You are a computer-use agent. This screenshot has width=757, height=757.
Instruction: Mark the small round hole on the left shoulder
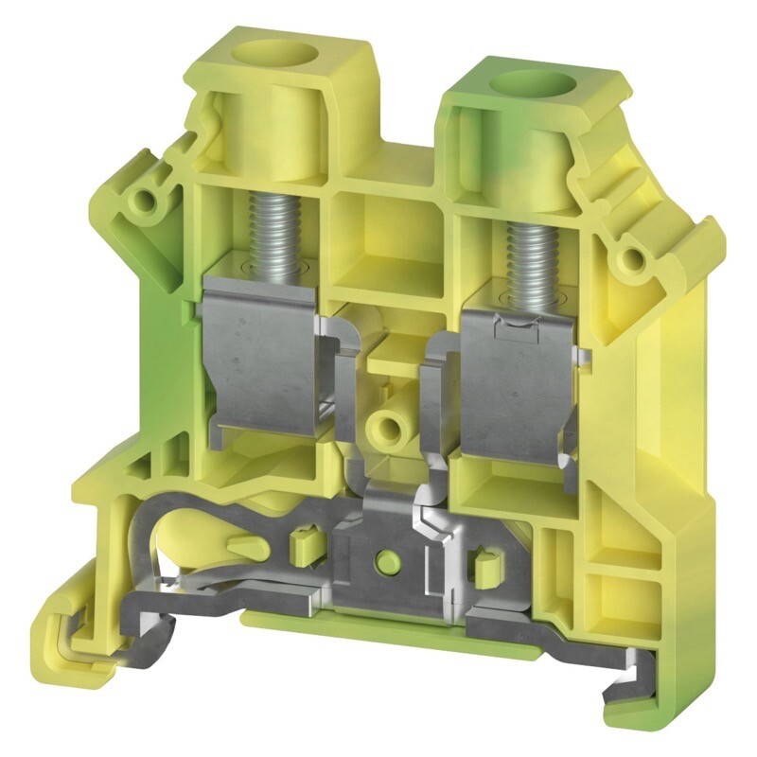point(144,202)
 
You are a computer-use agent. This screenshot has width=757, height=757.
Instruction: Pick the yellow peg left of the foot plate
point(304,545)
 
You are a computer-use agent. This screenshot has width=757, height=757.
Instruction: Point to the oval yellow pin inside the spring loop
point(245,546)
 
